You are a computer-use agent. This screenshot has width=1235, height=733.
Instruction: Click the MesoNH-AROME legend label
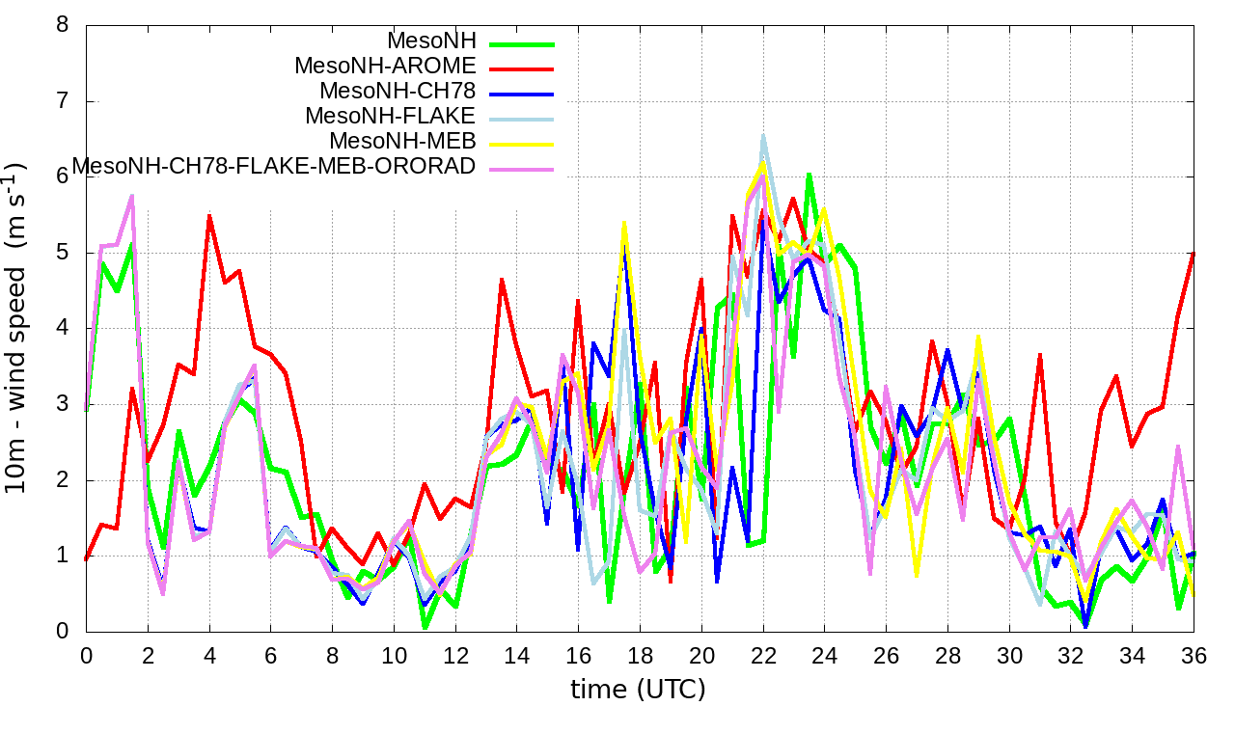coord(385,67)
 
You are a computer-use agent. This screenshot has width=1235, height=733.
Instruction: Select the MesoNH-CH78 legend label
coord(398,92)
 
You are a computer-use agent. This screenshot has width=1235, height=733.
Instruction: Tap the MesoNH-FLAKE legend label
coord(391,117)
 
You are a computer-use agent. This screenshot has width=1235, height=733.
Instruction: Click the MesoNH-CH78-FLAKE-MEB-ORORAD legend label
coord(274,166)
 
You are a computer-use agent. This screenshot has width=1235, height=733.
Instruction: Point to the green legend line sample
coord(522,43)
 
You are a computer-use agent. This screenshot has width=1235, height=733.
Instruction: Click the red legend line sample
coord(522,68)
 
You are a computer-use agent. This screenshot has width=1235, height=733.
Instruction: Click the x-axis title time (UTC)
coord(638,690)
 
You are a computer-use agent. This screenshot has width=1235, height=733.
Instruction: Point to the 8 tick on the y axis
coord(63,25)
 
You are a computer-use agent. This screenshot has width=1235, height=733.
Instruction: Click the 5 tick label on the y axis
coord(63,253)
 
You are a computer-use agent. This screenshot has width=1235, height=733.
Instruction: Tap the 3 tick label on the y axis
coord(63,404)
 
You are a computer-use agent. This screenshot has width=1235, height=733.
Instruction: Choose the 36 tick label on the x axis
coord(1194,653)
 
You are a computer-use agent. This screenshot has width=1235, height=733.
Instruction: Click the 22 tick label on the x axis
coord(763,653)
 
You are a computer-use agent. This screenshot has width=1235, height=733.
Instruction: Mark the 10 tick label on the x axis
coord(394,653)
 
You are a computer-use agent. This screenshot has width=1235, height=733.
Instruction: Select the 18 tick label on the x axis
coord(640,653)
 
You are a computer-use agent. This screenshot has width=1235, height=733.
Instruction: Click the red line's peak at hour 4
coord(209,215)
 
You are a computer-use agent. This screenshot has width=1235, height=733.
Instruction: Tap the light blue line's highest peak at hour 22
coord(763,136)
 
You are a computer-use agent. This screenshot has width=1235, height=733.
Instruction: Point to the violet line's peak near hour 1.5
coord(132,196)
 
